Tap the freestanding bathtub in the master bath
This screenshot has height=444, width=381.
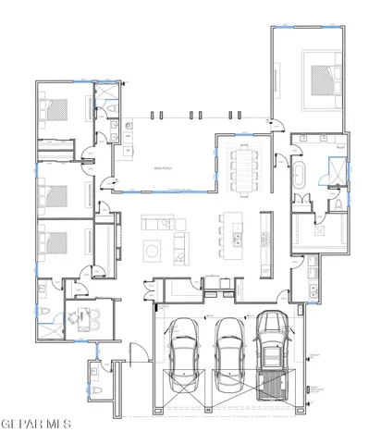[300, 178]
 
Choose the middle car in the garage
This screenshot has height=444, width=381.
[227, 351]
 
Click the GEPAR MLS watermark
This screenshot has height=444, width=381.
[35, 425]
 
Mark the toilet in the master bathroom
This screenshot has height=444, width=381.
[339, 202]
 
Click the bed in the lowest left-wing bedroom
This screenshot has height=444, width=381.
[57, 242]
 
